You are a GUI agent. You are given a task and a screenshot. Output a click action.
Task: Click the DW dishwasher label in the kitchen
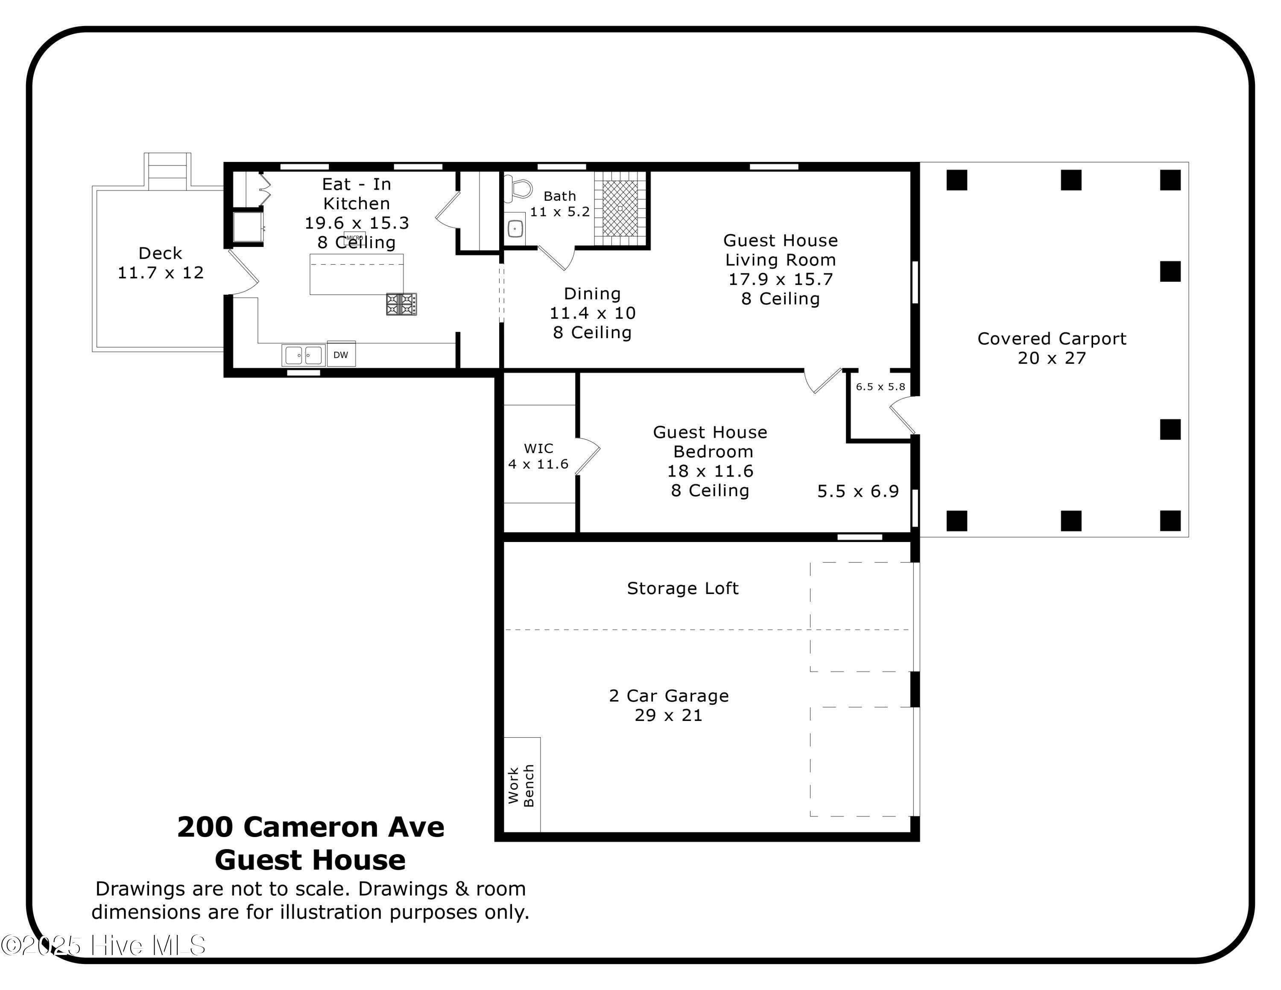point(341,355)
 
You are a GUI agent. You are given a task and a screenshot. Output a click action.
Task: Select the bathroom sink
point(515,228)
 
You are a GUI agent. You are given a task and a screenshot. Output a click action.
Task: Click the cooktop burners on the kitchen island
point(402,305)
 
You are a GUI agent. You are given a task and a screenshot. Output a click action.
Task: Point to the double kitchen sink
point(303,355)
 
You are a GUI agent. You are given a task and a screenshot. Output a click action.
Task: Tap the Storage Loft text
point(683,588)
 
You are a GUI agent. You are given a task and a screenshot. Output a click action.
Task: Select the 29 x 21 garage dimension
point(669,715)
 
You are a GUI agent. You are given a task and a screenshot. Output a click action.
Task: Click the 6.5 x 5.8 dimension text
point(880,387)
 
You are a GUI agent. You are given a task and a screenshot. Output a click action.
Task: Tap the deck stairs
point(168,171)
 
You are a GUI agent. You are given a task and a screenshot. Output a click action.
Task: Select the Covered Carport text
point(1052,339)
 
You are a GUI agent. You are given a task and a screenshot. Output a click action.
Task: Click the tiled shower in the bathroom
point(620,208)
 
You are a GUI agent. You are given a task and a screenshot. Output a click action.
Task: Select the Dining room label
point(592,294)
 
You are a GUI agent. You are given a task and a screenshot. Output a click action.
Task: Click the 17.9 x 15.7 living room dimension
point(781,279)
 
